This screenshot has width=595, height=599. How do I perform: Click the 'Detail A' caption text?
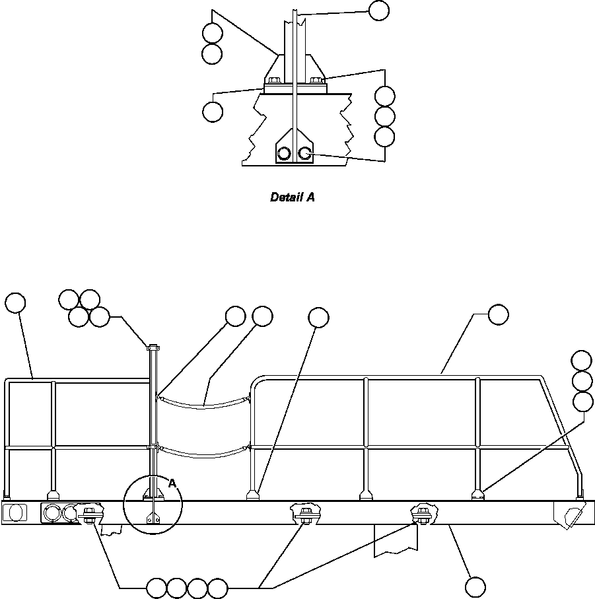(x=292, y=197)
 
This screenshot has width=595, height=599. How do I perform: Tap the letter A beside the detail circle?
(x=172, y=483)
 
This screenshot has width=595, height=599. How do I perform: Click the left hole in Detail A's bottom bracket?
(x=285, y=154)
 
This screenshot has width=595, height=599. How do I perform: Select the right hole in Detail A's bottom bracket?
(x=304, y=153)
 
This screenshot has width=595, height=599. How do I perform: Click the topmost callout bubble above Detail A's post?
(x=378, y=11)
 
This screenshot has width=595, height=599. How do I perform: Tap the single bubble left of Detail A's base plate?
(x=212, y=112)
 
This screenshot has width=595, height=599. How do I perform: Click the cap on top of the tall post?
(x=153, y=346)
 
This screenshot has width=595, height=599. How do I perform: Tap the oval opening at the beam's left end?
(x=17, y=512)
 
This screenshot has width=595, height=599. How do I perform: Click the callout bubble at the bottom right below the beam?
(x=475, y=586)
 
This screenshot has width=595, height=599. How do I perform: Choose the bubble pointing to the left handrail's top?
(x=15, y=302)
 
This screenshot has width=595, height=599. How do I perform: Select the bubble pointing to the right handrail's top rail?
(x=499, y=315)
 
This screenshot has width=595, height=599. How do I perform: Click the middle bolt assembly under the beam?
(x=305, y=512)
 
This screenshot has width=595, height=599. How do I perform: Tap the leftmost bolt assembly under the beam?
(x=90, y=512)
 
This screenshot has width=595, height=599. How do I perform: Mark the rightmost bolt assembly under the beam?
(x=421, y=512)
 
